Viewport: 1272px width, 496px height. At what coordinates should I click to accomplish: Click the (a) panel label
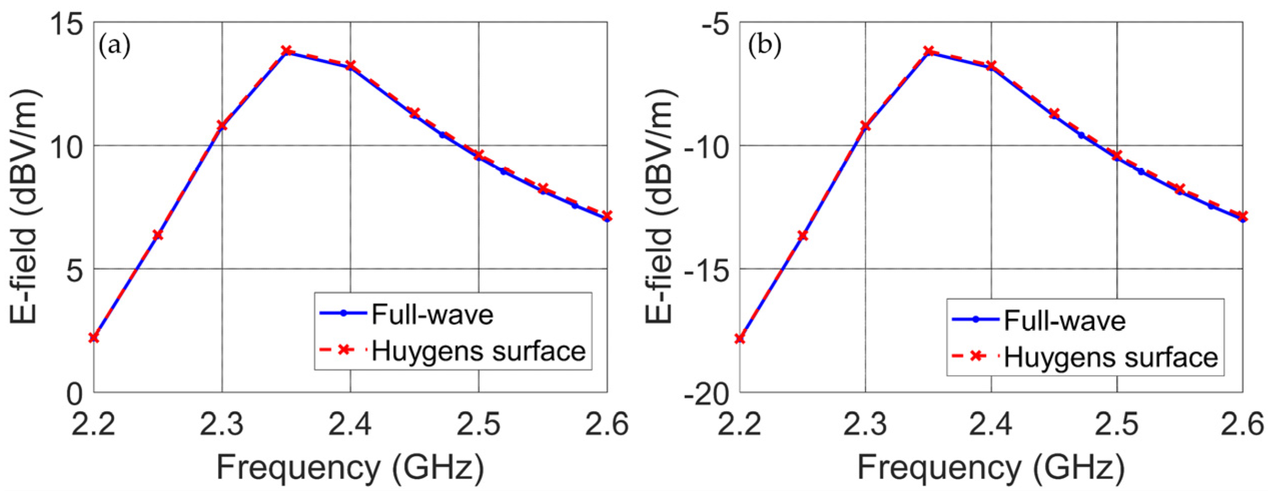115,46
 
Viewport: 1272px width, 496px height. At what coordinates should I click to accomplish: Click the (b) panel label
764,46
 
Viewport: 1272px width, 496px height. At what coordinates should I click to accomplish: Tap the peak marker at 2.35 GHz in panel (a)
286,51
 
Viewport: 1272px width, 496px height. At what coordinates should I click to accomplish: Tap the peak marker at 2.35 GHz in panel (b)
929,51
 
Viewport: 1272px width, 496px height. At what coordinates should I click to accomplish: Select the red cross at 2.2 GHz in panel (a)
94,337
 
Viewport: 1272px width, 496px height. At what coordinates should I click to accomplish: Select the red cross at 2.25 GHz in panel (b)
803,235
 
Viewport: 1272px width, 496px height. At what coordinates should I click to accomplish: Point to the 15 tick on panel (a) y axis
67,24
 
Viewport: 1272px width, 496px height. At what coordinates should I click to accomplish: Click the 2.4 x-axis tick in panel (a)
350,424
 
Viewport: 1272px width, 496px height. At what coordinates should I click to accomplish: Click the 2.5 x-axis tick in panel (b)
1116,424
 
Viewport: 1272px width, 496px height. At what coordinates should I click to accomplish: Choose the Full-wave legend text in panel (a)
432,315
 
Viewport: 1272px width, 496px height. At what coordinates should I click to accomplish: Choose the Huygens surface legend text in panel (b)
1111,357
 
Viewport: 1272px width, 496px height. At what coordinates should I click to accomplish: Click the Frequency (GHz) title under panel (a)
350,467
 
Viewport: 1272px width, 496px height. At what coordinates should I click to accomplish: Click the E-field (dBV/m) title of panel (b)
660,206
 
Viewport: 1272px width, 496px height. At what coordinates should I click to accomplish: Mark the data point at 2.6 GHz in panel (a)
607,216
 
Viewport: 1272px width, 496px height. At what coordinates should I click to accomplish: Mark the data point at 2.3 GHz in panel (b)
865,126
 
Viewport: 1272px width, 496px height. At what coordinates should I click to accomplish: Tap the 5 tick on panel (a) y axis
74,271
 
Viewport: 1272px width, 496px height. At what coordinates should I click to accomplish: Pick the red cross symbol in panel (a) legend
344,349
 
